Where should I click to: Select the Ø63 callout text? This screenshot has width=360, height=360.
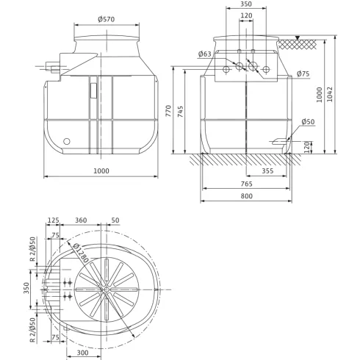click(x=205, y=54)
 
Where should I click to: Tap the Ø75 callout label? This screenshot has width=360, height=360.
click(x=304, y=73)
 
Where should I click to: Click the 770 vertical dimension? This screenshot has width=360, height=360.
click(x=168, y=112)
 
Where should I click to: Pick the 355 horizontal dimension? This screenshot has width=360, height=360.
click(x=267, y=171)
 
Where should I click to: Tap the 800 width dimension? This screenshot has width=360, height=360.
click(x=246, y=197)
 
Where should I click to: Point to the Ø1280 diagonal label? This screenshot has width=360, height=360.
click(x=79, y=249)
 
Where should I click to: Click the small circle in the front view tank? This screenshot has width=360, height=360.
click(x=67, y=141)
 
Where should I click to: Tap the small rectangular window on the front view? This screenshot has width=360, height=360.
click(x=94, y=90)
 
